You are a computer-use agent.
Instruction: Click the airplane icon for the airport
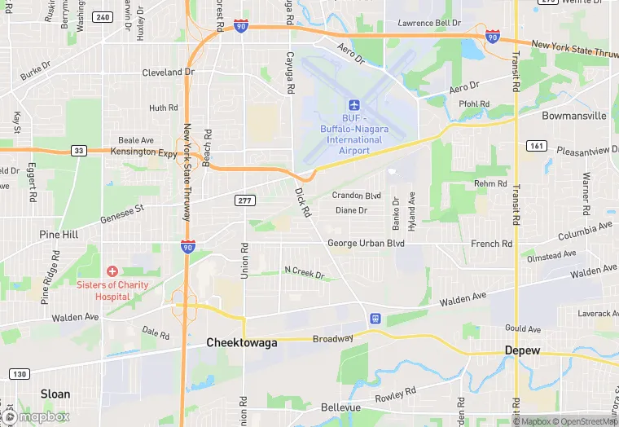354,105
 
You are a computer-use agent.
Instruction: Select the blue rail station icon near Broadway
375,319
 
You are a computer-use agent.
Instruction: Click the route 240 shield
103,16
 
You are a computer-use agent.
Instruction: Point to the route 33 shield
78,150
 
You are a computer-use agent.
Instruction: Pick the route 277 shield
244,200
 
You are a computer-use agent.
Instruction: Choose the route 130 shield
20,374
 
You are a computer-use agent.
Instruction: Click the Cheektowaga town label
241,343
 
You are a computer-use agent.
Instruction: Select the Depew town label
522,350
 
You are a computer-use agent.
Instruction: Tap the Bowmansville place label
574,116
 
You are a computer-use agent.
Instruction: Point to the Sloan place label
55,394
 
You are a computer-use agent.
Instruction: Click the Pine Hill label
59,235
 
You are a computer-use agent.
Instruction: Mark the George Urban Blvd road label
366,243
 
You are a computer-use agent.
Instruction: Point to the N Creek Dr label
304,272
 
